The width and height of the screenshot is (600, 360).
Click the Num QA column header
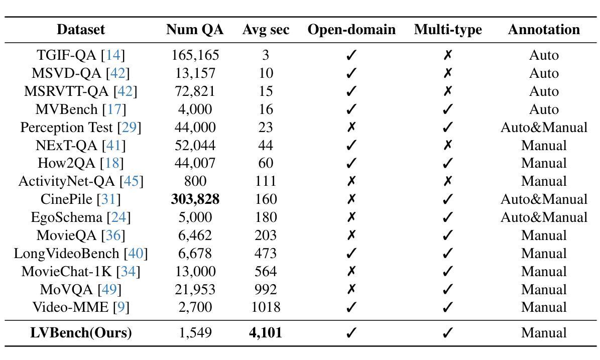pos(195,30)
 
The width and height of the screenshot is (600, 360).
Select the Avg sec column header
pos(266,30)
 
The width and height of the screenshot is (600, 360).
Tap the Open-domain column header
pos(351,30)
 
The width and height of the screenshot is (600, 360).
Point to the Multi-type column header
pos(448,30)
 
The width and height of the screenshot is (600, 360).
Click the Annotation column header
pos(544,30)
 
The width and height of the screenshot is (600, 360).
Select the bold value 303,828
pos(195,199)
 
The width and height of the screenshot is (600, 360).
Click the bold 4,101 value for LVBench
pos(266,332)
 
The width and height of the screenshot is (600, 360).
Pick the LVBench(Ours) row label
pos(81,333)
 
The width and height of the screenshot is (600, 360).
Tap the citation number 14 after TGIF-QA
pos(113,55)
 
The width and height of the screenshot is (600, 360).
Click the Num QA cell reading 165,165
pos(195,55)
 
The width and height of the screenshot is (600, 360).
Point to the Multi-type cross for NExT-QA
pos(448,145)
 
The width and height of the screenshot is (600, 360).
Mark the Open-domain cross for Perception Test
pos(351,127)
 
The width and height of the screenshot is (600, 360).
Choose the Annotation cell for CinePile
pos(544,199)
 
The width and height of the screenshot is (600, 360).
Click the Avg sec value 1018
pos(266,307)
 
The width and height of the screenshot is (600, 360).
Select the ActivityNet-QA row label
pos(81,181)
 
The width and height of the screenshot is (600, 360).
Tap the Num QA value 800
pos(195,181)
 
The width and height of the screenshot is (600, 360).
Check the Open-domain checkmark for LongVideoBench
pos(351,253)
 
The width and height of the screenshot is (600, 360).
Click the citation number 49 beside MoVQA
pos(109,289)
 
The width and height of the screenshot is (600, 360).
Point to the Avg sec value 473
pos(266,253)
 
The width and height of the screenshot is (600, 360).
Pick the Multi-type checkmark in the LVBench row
pos(448,333)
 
